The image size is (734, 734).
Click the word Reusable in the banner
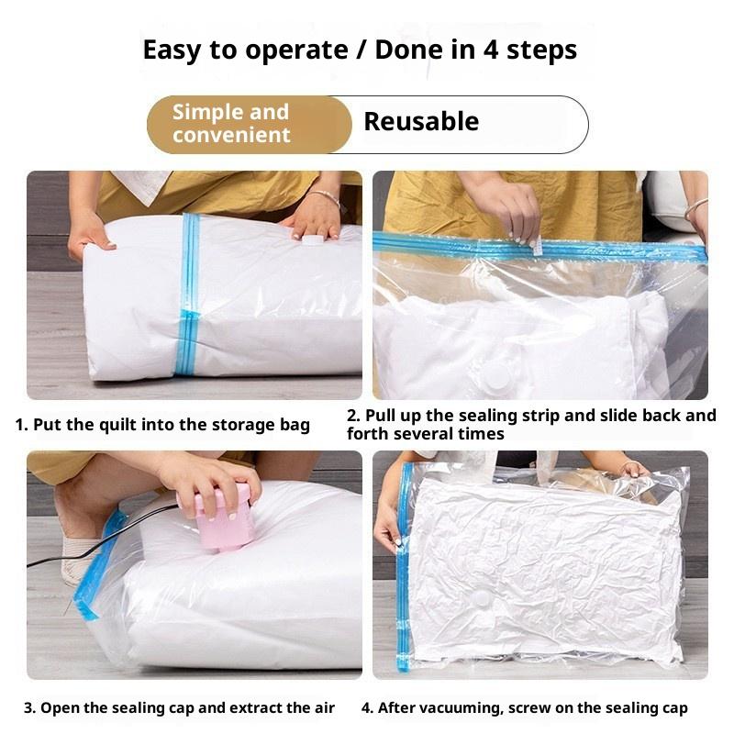(x=421, y=122)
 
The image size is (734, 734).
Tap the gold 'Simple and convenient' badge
(x=249, y=125)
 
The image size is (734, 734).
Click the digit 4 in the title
(x=491, y=50)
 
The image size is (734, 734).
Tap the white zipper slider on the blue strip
(x=538, y=246)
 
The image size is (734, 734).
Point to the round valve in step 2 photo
(x=495, y=378)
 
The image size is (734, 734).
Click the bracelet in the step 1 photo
(x=325, y=196)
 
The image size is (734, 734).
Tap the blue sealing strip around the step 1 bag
(x=188, y=294)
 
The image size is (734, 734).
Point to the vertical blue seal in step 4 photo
(x=403, y=566)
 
